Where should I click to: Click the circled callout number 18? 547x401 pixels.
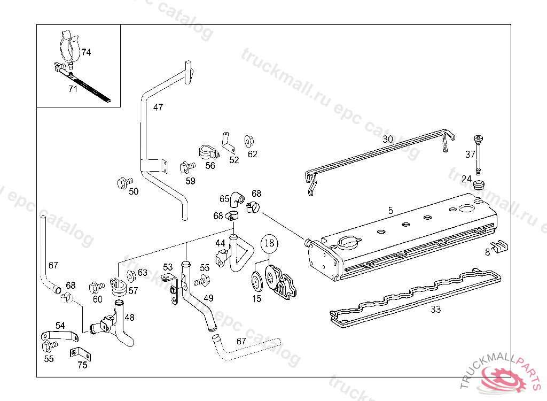(x=270, y=243)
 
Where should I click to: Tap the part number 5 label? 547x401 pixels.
(x=390, y=211)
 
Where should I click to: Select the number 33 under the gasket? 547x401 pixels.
(x=436, y=309)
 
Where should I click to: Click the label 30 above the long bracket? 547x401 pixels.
(x=388, y=139)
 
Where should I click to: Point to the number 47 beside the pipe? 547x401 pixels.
(x=158, y=107)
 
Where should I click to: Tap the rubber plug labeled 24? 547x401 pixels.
(x=479, y=186)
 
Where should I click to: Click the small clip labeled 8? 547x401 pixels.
(x=501, y=247)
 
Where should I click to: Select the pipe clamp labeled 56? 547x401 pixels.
(x=207, y=152)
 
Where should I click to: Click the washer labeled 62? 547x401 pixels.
(x=249, y=141)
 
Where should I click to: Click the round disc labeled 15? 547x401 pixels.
(x=257, y=280)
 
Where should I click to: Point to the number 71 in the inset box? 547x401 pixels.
(x=73, y=89)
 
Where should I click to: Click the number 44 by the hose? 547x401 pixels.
(x=221, y=243)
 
